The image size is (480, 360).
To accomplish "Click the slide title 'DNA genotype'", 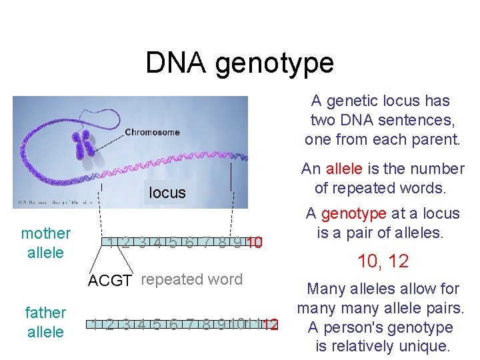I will coord(239,63).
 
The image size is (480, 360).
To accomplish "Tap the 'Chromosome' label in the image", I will coord(152,132).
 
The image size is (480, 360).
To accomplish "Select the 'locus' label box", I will coord(167,193).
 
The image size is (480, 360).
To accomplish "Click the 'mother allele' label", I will coord(45,243).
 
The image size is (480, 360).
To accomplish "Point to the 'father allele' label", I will coord(45,322).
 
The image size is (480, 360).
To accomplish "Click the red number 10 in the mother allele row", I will coord(254,242).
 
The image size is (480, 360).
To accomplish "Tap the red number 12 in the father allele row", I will coord(270,325).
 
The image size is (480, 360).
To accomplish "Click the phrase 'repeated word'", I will coord(192,279).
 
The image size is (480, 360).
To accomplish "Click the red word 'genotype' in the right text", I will coord(353,213).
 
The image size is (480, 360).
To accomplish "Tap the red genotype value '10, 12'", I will coord(383,261).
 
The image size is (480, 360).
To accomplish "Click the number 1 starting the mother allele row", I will coord(111,242).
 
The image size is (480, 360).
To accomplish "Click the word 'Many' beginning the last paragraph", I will coord(325,289).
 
